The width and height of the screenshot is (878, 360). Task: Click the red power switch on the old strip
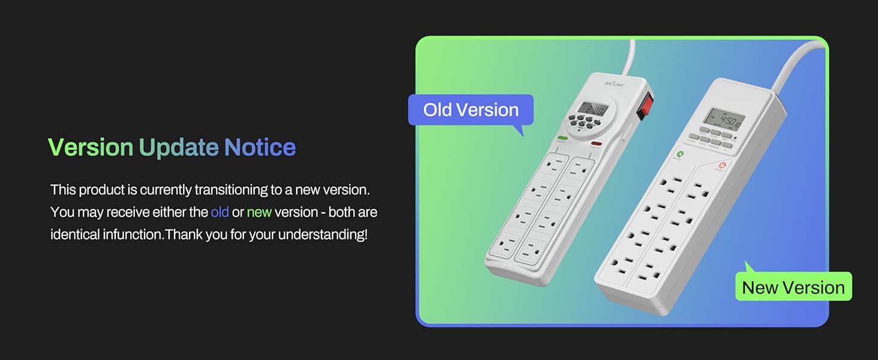tap(644, 106)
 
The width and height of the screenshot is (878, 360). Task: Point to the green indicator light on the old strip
tap(563, 138)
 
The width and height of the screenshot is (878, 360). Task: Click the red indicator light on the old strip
tap(596, 143)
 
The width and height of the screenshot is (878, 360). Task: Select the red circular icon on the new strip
tap(723, 166)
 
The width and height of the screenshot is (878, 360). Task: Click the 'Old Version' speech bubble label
tap(471, 110)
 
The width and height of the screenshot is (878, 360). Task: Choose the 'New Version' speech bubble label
tap(793, 287)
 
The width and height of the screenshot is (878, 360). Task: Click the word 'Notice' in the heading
tap(260, 148)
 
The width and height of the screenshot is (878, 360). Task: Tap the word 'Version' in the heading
tap(90, 148)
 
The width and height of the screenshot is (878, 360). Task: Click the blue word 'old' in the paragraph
tap(220, 212)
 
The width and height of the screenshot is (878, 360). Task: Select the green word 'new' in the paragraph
tap(259, 212)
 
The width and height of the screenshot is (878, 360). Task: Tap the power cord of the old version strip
tap(629, 57)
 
